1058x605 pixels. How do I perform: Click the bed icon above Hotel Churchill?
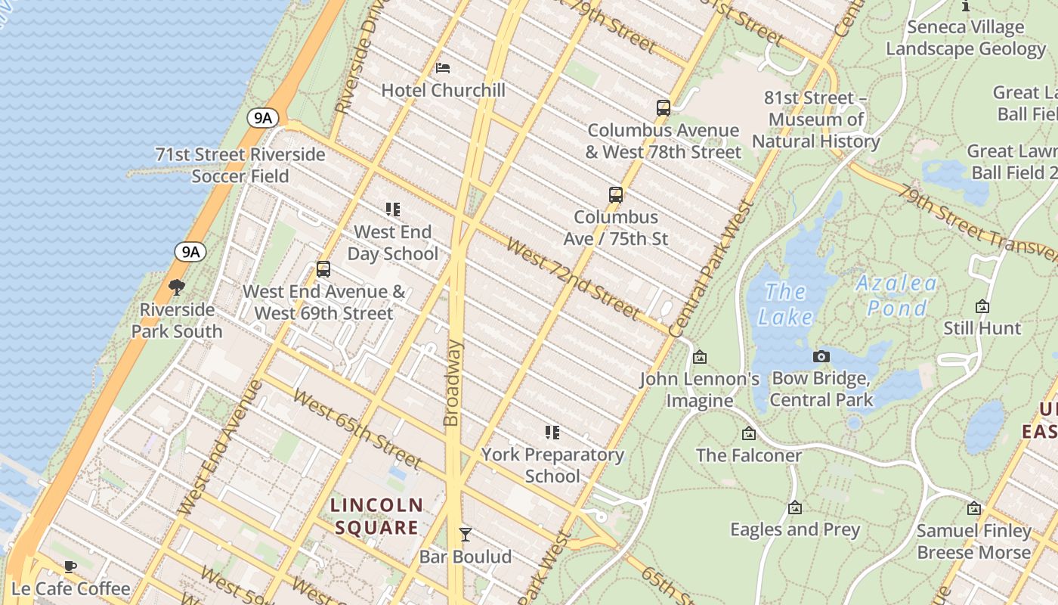coord(443,68)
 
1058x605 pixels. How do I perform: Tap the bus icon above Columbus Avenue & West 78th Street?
coord(663,108)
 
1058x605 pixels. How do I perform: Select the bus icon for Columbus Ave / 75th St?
coord(615,195)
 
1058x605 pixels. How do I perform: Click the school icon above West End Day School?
coord(392,209)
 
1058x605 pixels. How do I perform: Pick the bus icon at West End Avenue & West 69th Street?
coord(323,269)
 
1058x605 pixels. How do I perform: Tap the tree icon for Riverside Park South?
coord(177,287)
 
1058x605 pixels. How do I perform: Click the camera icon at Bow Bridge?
coord(821,356)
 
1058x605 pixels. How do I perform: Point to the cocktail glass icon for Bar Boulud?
coord(466,535)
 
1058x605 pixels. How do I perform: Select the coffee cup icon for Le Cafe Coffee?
coord(70,566)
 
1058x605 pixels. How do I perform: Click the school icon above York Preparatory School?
coord(552,433)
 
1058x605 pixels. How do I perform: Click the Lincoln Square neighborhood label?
coord(376,516)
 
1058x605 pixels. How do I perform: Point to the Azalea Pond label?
coord(897,296)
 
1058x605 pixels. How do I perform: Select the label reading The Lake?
coord(785,303)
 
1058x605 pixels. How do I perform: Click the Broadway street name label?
coord(452,383)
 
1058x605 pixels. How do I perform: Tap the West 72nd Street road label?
coord(573,278)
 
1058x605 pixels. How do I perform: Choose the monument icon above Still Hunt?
coord(982,306)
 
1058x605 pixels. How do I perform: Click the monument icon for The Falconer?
coord(748,433)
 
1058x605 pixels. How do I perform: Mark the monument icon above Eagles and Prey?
coord(794,507)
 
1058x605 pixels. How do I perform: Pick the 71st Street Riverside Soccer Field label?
coord(240,165)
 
